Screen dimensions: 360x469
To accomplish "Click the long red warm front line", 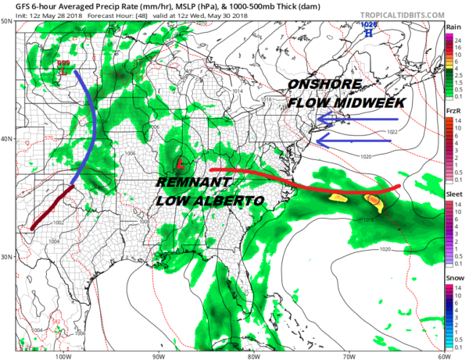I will tap(305, 176).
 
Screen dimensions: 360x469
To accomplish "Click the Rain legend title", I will tap(452, 27).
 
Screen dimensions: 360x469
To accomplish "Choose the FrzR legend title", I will tap(452, 112).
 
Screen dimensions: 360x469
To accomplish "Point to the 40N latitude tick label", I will tap(7, 139).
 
